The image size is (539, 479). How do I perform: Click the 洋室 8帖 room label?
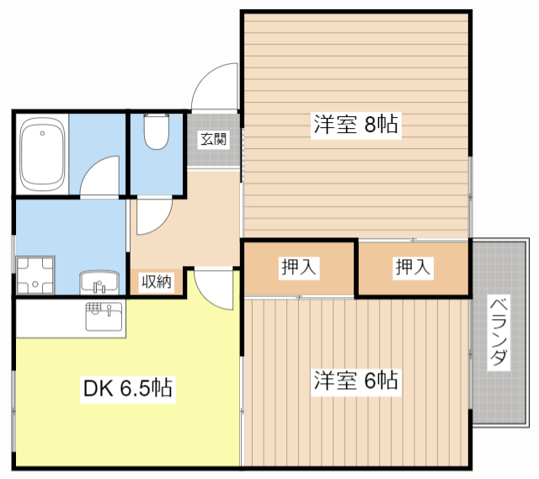point(355,124)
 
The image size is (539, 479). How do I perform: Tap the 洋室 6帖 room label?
point(355,381)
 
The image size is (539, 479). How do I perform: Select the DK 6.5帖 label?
point(128,388)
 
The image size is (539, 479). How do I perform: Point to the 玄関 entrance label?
point(213,139)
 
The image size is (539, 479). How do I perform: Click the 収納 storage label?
point(157,282)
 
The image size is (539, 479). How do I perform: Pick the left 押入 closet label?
point(299,267)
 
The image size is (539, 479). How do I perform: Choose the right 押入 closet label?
point(413,267)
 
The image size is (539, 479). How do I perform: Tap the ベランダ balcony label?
point(499,333)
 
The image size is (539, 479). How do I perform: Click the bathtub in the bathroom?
point(42,154)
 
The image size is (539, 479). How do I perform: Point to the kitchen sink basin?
point(104,317)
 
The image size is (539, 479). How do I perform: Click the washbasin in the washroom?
point(99,283)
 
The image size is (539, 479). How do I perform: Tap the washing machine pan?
point(35,275)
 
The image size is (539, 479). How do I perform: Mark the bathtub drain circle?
point(42,133)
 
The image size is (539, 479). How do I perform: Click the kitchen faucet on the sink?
point(109,311)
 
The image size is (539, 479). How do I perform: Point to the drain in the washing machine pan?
point(35,285)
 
